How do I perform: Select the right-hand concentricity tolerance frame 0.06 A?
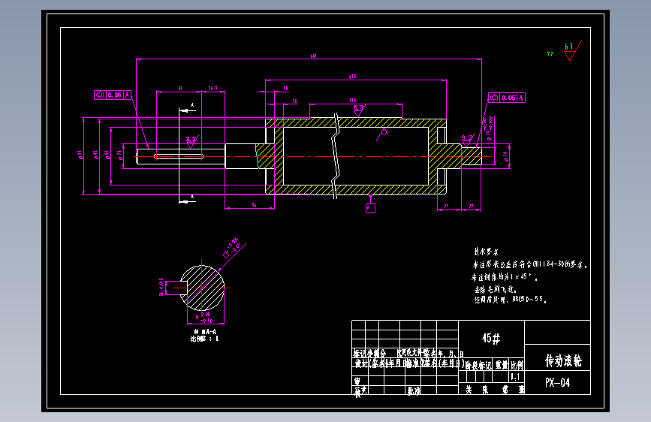click(506, 98)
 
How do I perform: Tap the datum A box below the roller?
click(370, 208)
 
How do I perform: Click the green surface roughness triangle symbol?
click(569, 53)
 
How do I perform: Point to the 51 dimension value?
click(179, 89)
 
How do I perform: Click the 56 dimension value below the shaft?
click(254, 204)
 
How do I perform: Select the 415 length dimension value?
click(351, 77)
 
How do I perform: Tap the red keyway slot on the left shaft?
click(179, 156)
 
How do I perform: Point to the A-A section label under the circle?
click(205, 331)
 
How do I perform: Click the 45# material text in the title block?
click(491, 339)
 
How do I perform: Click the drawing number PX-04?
click(557, 384)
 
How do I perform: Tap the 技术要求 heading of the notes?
click(485, 252)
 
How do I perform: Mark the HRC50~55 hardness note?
click(529, 299)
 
